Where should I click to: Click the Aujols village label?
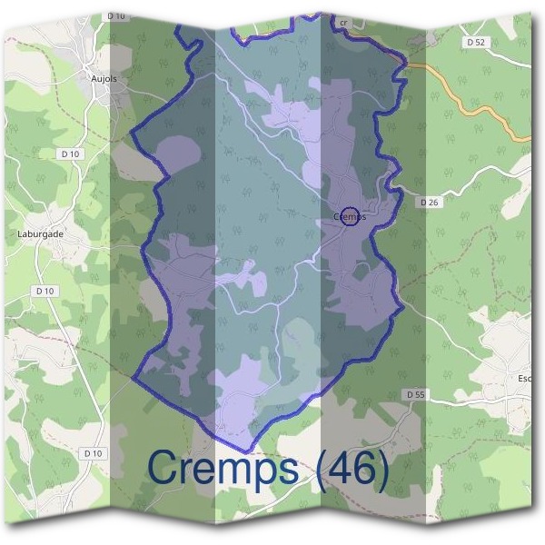tap(104, 79)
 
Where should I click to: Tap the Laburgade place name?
tap(40, 233)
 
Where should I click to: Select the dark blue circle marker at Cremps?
tap(352, 216)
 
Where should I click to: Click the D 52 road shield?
tap(476, 43)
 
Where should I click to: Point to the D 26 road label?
tap(430, 202)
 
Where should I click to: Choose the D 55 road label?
tap(416, 394)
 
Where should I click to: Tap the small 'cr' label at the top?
tap(342, 21)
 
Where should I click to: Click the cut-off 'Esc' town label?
tap(524, 378)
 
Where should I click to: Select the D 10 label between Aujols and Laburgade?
tap(71, 154)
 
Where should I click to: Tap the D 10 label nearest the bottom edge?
tap(93, 452)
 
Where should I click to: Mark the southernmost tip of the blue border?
tap(243, 451)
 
